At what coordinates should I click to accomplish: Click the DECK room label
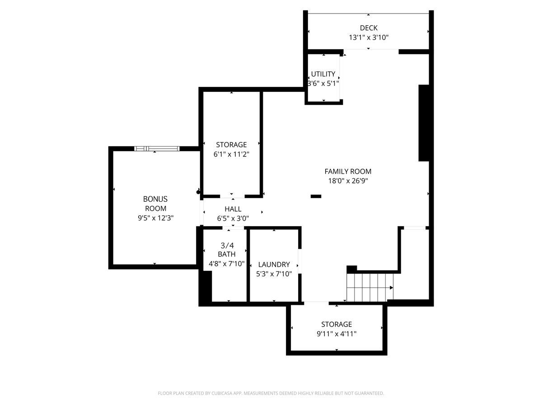[x=369, y=28]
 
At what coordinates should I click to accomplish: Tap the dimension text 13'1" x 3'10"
[x=369, y=38]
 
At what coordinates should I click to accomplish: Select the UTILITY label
[x=323, y=74]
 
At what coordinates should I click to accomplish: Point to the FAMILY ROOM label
[x=348, y=171]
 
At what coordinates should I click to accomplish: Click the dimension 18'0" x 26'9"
[x=348, y=181]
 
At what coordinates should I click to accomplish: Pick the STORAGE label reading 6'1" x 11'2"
[x=231, y=145]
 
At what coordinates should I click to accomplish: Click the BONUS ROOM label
[x=155, y=203]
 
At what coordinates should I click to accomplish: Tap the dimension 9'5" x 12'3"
[x=155, y=218]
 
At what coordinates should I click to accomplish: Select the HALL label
[x=233, y=209]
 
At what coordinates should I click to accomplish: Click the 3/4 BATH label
[x=227, y=250]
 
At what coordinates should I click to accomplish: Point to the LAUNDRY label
[x=274, y=265]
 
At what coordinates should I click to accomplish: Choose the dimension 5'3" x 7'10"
[x=274, y=274]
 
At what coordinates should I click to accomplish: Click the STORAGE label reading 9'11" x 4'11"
[x=336, y=324]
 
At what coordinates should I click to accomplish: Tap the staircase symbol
[x=369, y=288]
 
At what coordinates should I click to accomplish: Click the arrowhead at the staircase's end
[x=392, y=288]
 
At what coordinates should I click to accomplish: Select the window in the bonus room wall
[x=157, y=148]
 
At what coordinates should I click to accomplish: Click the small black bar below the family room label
[x=316, y=196]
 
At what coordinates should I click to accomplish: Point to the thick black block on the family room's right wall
[x=424, y=123]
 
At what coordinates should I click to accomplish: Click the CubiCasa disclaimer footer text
[x=271, y=393]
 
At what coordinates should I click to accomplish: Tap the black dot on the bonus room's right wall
[x=198, y=192]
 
